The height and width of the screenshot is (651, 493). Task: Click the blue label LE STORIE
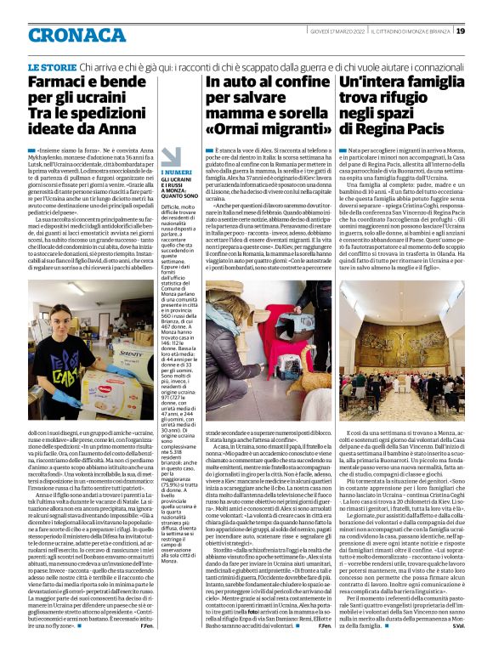tap(54, 66)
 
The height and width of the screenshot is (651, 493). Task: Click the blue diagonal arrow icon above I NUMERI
tap(173, 157)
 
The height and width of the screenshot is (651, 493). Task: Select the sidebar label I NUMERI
tap(172, 173)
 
